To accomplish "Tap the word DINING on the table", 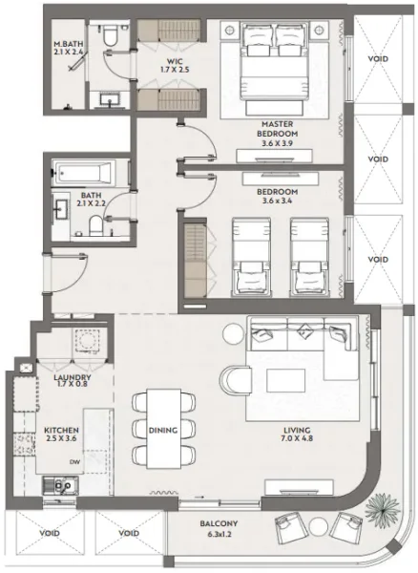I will click(163, 431).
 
